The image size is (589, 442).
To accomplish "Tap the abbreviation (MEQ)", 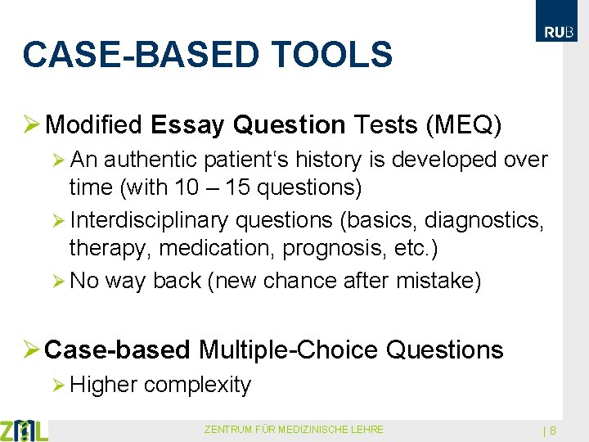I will pos(464,124).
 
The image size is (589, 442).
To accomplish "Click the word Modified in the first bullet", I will pos(95,124).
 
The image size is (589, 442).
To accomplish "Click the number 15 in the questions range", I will pos(242,187).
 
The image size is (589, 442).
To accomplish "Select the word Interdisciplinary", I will pos(151,220).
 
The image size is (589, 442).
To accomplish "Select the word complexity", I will pos(197,384).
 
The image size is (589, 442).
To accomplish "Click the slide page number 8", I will pos(553,431).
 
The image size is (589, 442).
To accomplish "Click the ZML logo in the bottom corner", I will pos(24,430).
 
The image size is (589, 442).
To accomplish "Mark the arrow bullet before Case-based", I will pos(31,350).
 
